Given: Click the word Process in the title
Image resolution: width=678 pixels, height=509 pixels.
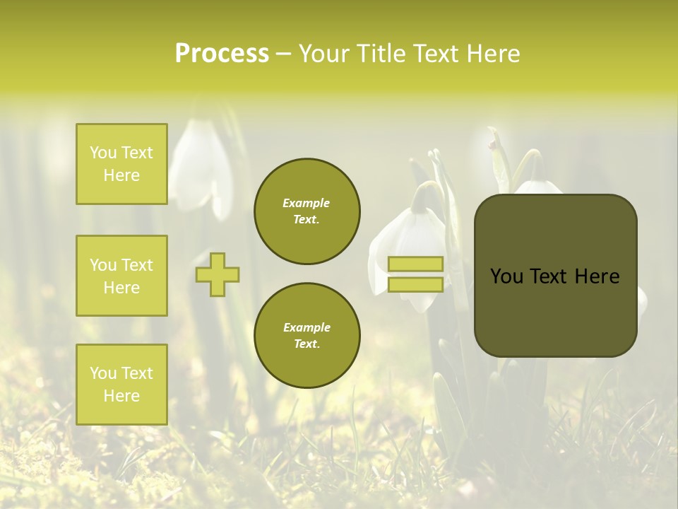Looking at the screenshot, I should pos(221,54).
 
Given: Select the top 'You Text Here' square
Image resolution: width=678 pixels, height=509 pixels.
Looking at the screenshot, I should pos(121,164).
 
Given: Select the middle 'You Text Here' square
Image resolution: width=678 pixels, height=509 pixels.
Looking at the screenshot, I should pos(121,276).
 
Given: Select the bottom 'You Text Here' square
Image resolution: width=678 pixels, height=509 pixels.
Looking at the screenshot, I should pos(121,385).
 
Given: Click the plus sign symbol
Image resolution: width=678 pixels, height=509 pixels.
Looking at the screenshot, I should pos(218,274).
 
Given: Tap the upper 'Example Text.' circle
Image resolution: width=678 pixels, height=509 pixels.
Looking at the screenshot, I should pos(307,211).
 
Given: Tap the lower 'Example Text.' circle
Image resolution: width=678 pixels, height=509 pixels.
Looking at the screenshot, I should pos(307,336).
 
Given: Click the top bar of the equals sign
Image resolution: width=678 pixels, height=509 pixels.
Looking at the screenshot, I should pos(415,264).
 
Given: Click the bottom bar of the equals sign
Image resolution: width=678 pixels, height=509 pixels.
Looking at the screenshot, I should pos(415,284).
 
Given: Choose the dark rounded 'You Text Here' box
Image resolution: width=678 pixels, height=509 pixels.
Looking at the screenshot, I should pos(555,311).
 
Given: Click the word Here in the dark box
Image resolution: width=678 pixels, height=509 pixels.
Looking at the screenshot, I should pos(597,276).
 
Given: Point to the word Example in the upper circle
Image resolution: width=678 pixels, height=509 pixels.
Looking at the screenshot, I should pos(307,203).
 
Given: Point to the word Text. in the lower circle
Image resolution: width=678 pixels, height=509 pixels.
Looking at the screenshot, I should pos(307,344).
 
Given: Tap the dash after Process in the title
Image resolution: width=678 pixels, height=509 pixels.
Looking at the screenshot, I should pos(283,54).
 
